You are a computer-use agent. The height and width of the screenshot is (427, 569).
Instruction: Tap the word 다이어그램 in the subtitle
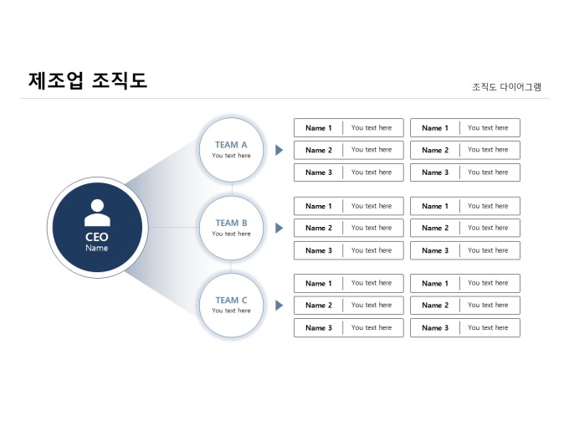pos(520,86)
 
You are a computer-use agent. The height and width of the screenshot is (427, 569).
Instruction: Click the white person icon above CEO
pos(96,213)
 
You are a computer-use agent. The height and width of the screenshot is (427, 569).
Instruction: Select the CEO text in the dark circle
pos(96,237)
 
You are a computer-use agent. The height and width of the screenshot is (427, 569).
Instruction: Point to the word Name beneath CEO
pos(96,248)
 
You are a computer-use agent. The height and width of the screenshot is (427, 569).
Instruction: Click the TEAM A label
pos(231,144)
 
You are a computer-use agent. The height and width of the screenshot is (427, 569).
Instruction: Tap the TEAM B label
pos(231,223)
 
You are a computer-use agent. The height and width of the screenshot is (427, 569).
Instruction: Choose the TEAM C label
pos(231,300)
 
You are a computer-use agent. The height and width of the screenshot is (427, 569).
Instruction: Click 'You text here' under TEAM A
pos(231,156)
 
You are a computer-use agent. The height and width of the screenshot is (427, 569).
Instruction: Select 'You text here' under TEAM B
pos(231,234)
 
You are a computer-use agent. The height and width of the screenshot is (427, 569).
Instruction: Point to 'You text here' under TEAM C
pos(231,311)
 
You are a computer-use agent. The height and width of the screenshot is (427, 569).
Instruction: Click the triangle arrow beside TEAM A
pos(279,150)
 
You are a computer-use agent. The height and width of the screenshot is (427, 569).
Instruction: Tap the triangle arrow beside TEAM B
pos(279,228)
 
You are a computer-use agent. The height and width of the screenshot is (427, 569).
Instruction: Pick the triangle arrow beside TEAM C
pos(279,306)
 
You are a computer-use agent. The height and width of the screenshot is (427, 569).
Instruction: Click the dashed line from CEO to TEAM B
pos(167,227)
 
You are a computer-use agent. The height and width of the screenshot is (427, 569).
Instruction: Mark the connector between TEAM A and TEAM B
pos(232,188)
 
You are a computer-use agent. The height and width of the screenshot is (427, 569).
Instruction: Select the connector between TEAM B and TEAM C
pos(232,265)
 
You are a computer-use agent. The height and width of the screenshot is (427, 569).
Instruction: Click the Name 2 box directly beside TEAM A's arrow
pos(348,150)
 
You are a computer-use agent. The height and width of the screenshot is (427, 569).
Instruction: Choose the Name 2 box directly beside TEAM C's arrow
pos(348,306)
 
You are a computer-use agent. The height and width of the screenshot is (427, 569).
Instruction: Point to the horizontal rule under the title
pos(284,99)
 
